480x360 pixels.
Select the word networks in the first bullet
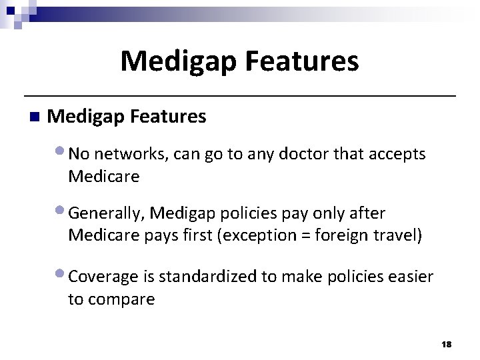pyautogui.click(x=130, y=155)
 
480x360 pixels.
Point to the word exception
pyautogui.click(x=261, y=236)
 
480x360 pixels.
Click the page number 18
pyautogui.click(x=446, y=343)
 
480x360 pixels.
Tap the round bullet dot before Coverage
pyautogui.click(x=63, y=274)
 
